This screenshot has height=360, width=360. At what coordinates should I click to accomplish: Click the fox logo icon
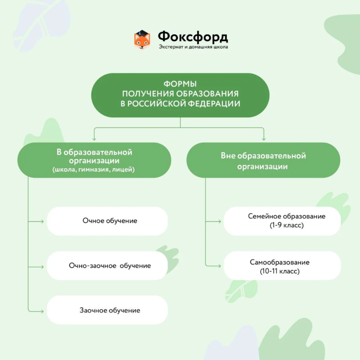[142, 40]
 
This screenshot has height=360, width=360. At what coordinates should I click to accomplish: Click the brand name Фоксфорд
[193, 37]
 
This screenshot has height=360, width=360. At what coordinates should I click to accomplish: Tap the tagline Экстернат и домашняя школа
[193, 47]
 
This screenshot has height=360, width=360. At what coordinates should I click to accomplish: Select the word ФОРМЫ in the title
[180, 84]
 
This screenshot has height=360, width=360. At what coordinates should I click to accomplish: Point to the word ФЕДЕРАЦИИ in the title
[214, 104]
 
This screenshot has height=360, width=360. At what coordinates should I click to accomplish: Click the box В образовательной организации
[94, 160]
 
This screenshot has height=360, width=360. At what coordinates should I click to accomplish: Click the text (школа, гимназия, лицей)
[94, 170]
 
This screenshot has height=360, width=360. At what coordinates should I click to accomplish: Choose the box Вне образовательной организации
[263, 160]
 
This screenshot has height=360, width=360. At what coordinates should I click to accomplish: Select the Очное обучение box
[107, 221]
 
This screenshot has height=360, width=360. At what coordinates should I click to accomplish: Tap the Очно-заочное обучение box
[107, 266]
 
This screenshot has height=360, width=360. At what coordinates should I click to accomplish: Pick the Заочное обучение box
[107, 310]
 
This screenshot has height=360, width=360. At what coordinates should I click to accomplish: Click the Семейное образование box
[282, 221]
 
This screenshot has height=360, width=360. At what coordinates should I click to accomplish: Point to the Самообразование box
[282, 266]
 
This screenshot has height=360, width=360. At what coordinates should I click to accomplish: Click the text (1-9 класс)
[287, 225]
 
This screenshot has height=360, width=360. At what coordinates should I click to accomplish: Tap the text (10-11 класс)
[280, 271]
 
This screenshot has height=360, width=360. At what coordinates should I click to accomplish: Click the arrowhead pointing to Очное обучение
[42, 221]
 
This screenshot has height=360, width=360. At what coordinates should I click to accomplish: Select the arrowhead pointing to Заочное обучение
[42, 311]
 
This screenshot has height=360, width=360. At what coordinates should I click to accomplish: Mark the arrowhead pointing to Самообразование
[220, 266]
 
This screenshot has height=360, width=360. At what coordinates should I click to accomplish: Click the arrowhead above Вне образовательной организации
[264, 139]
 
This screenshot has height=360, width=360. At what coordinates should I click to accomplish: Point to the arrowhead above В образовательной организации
[94, 139]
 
